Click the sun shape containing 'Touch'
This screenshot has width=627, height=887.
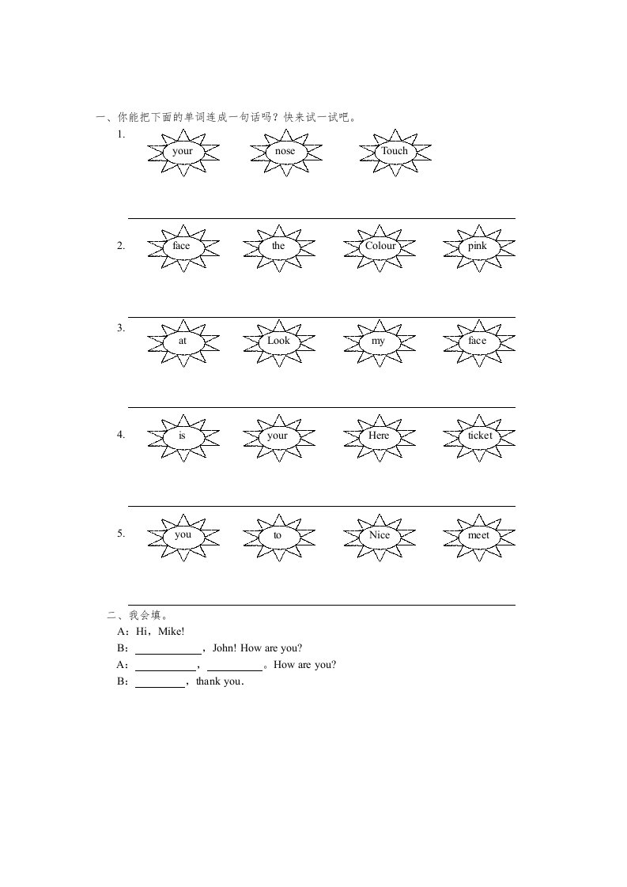395,151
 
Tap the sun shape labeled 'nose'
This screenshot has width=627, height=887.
285,151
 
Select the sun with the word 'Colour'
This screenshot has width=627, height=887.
380,246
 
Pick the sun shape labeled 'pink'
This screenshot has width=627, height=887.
478,246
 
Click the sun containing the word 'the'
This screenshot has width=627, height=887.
278,246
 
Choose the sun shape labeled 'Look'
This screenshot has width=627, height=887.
278,341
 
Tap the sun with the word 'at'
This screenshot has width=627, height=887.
183,341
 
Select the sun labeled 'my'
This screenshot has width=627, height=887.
379,341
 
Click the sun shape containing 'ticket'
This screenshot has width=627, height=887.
479,436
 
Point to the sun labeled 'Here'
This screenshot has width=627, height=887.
379,436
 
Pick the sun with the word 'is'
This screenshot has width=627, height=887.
181,436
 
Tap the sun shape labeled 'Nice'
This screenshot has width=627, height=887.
380,535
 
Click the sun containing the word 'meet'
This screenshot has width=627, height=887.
478,535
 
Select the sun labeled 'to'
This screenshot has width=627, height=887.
278,535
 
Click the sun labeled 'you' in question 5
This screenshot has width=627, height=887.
183,534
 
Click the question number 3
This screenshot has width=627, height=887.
120,327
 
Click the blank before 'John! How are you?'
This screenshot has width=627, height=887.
168,648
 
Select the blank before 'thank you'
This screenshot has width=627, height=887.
160,682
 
